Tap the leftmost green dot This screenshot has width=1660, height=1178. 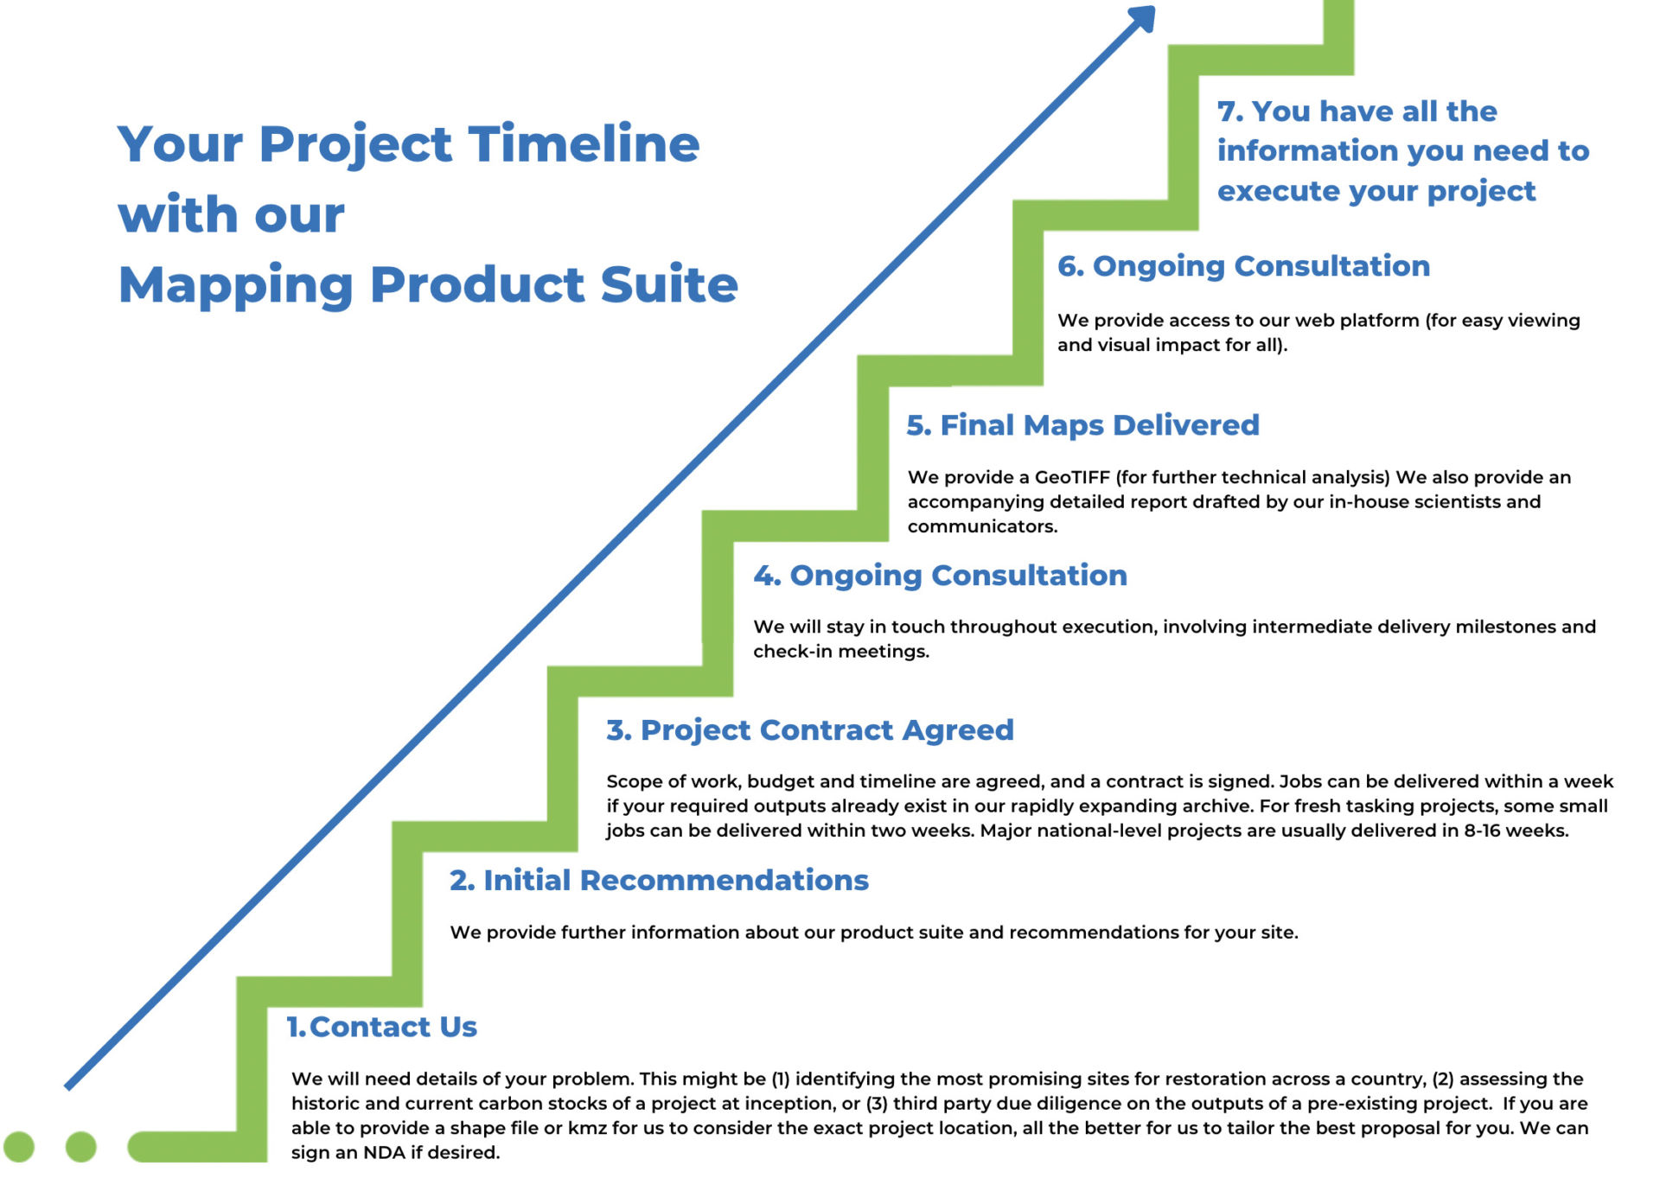(x=19, y=1146)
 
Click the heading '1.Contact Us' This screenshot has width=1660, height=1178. (x=381, y=1026)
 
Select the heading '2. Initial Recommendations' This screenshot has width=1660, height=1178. (x=659, y=880)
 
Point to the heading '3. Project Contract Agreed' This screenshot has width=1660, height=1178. (x=810, y=730)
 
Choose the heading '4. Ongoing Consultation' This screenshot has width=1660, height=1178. (x=941, y=576)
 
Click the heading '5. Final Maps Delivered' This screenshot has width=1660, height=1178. (x=1082, y=425)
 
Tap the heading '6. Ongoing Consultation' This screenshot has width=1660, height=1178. (x=1244, y=266)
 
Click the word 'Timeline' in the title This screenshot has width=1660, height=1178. (x=584, y=143)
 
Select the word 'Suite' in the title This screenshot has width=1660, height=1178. (x=669, y=284)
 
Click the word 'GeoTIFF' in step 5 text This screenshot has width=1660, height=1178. (x=1072, y=477)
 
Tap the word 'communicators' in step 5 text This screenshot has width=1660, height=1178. (x=982, y=526)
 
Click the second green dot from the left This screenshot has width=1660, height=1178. (x=81, y=1146)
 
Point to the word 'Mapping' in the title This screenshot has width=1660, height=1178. (x=235, y=286)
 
